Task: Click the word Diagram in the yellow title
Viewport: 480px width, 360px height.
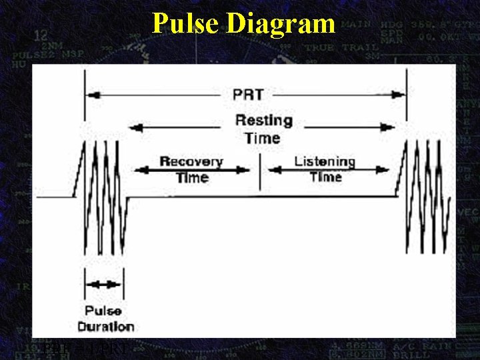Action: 280,23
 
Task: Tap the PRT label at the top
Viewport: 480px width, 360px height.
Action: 247,95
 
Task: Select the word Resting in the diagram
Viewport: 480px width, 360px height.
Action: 263,121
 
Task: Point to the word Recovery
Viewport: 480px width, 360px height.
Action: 191,162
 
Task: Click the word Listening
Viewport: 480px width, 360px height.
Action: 325,161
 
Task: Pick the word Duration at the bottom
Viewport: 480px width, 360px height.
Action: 106,326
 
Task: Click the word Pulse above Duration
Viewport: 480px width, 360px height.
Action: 103,311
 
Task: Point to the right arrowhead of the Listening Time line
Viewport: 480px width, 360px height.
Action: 388,170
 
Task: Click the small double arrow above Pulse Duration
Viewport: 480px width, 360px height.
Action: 104,284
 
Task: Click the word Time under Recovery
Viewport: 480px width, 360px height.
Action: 193,178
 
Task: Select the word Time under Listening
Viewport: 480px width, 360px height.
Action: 325,177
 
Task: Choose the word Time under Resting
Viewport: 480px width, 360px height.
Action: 262,138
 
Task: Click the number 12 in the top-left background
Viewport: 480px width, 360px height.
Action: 41,35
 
